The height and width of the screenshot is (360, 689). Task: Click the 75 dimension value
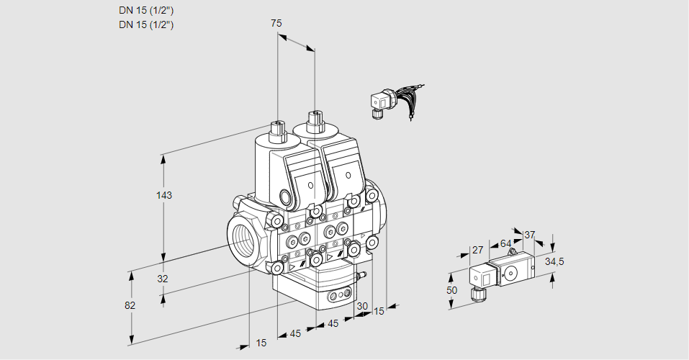(x=276, y=23)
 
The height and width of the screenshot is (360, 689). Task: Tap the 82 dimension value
(x=130, y=305)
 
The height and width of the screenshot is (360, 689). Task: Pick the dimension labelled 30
(x=362, y=306)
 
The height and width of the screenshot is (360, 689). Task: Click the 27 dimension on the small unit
(x=477, y=251)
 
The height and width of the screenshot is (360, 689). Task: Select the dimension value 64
(x=505, y=243)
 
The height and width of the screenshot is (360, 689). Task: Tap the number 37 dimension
(x=530, y=235)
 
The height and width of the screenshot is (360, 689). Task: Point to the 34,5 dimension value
(x=554, y=261)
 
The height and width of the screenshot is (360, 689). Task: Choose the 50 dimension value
(x=451, y=289)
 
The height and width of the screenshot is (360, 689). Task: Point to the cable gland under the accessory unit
(x=475, y=293)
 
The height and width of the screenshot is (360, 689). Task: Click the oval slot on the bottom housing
(x=338, y=295)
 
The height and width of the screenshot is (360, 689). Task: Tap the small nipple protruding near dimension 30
(x=363, y=274)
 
